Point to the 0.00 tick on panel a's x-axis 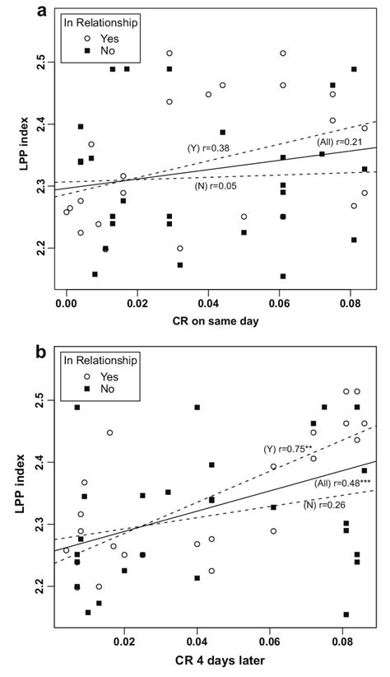[67, 302]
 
